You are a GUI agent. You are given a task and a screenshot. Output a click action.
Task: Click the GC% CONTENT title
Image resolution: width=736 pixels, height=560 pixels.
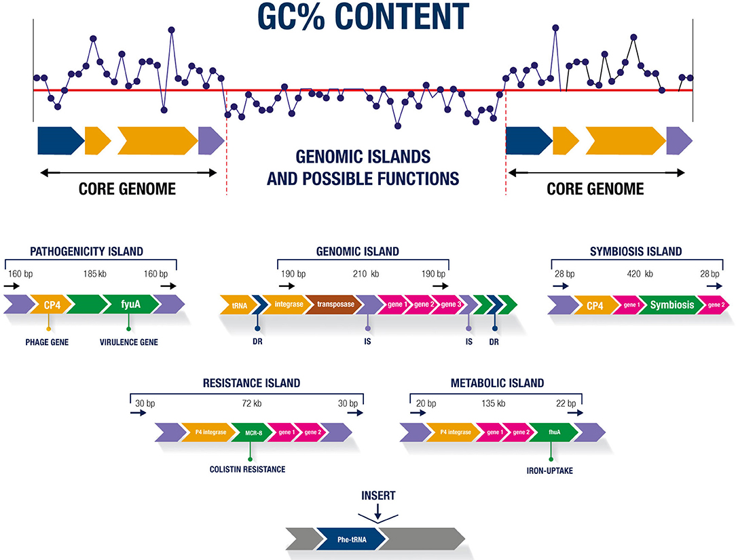[367, 17]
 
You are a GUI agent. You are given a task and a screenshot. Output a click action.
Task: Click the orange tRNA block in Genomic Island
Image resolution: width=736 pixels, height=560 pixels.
[238, 305]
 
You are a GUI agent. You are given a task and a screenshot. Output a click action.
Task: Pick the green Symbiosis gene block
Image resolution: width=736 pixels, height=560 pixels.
[672, 305]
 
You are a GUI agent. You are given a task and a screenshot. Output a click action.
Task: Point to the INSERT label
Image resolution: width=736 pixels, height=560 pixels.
[378, 496]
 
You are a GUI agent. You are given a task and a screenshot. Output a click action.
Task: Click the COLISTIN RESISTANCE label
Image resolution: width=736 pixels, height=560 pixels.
[251, 469]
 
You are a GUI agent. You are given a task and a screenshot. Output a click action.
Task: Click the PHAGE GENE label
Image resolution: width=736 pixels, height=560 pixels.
[49, 342]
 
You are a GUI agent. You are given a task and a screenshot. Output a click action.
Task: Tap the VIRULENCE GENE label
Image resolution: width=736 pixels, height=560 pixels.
[129, 342]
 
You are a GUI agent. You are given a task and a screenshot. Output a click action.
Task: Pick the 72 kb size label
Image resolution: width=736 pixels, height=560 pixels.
[252, 402]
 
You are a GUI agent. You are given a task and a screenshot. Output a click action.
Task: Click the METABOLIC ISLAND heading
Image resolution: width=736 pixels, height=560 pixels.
[496, 383]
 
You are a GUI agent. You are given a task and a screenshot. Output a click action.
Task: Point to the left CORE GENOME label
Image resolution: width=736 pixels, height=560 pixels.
[128, 189]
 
